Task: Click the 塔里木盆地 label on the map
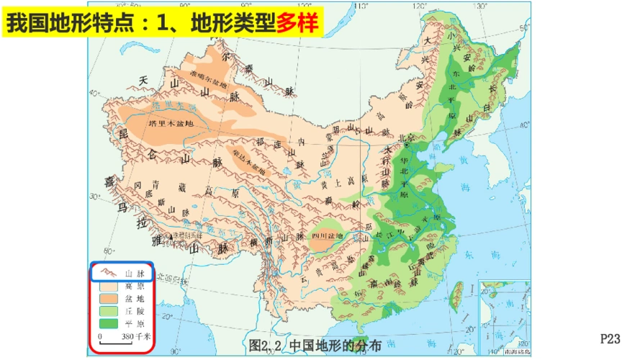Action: (171, 123)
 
